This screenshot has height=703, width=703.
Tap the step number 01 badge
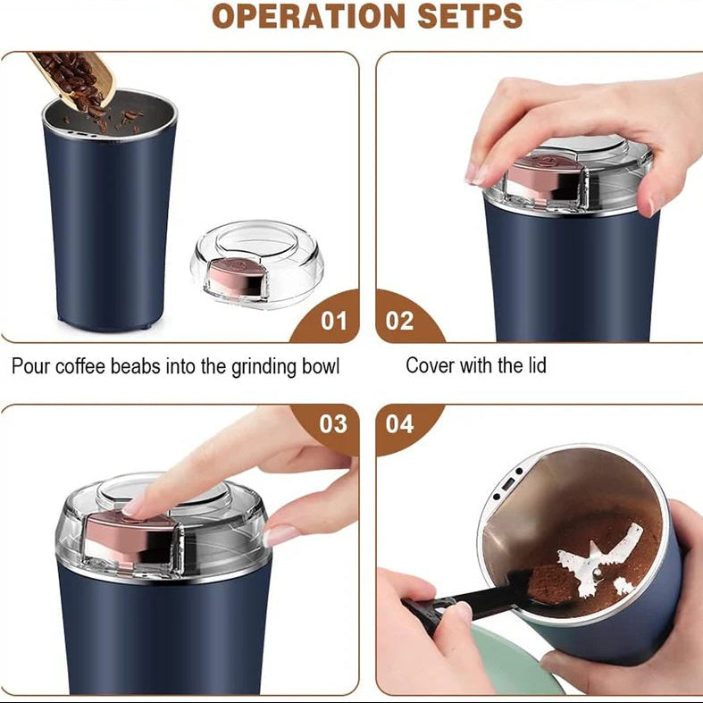[x=333, y=320]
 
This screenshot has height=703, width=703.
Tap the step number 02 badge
[x=400, y=320]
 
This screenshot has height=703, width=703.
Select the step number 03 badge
[x=333, y=423]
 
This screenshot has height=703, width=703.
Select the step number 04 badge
[x=400, y=423]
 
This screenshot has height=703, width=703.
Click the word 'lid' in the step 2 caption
[x=535, y=365]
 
